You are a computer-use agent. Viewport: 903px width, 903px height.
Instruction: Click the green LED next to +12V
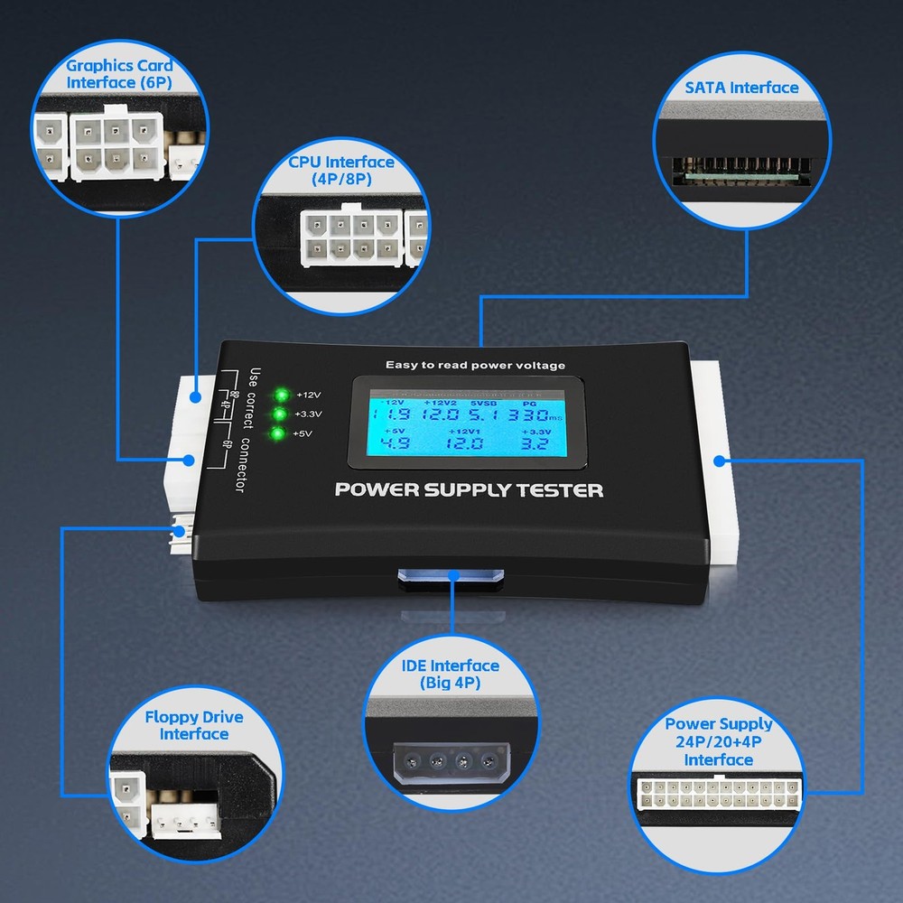click(282, 395)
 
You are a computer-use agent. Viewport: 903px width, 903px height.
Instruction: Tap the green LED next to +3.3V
click(281, 414)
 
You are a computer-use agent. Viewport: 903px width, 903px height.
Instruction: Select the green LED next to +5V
click(280, 434)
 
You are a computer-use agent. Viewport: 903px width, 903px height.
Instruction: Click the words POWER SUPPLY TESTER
click(469, 490)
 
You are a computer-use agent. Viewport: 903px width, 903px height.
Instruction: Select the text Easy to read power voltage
click(475, 365)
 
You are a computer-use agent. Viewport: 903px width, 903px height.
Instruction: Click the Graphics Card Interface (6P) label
click(119, 74)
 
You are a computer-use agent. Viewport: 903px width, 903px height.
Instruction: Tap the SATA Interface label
click(741, 88)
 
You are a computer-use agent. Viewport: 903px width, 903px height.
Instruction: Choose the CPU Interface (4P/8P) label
click(341, 171)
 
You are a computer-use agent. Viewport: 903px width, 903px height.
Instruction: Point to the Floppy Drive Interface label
click(194, 725)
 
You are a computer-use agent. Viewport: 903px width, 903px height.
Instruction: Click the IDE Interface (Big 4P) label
click(450, 674)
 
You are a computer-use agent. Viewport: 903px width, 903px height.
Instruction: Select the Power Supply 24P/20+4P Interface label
click(719, 741)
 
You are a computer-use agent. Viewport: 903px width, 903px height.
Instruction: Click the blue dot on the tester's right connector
click(719, 461)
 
